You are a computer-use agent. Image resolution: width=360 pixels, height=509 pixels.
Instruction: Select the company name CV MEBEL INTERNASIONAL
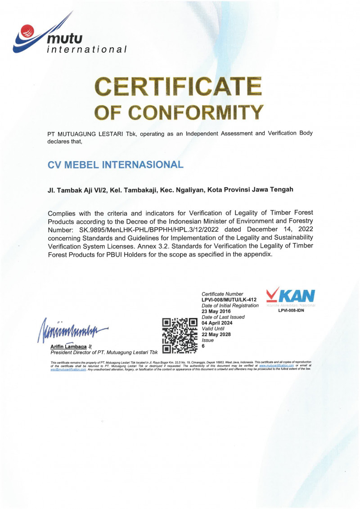point(115,164)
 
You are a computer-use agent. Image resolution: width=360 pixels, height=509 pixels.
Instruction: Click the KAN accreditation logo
point(291,297)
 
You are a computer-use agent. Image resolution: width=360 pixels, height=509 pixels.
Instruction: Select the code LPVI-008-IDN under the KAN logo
point(291,311)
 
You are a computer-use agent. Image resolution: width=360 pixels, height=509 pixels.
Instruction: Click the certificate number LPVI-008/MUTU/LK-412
point(229,300)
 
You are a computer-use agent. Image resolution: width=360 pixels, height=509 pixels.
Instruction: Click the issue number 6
point(203,346)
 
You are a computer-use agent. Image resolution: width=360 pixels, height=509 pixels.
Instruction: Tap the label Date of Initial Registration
point(230,306)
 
